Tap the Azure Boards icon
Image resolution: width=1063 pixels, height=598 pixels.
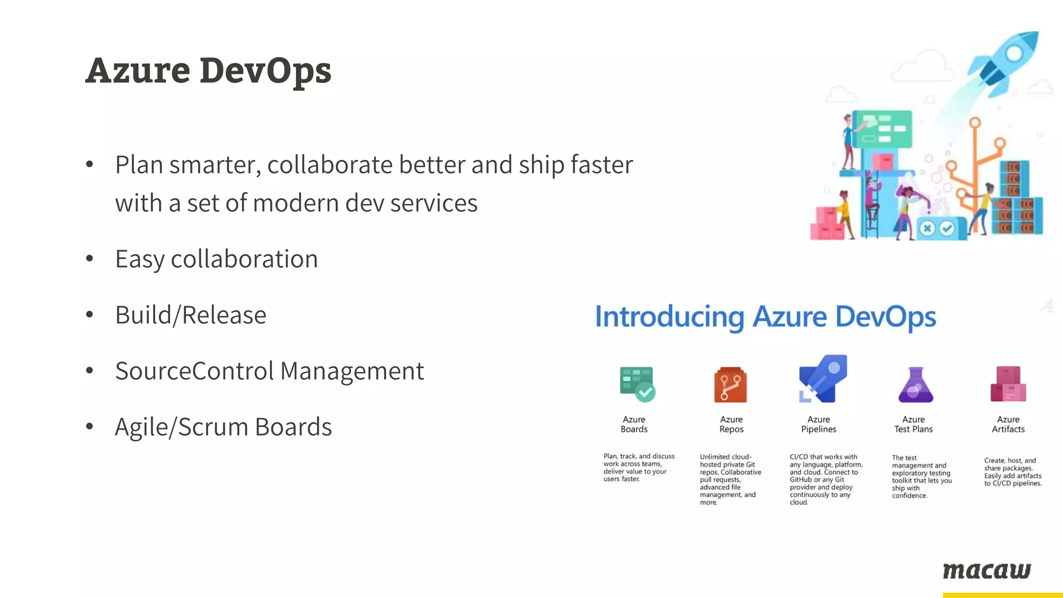[637, 384]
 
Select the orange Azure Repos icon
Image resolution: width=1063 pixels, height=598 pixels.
[730, 385]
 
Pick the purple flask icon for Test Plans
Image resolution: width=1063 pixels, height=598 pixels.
[916, 385]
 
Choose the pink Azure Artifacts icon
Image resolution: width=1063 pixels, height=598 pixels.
[1008, 384]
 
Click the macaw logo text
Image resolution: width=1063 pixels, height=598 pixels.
[987, 570]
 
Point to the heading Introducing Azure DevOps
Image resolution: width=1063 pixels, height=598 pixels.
[765, 317]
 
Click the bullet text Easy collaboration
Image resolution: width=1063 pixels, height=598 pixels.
[216, 259]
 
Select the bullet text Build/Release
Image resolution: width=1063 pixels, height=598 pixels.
[190, 315]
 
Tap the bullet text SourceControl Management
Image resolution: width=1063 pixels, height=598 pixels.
[269, 371]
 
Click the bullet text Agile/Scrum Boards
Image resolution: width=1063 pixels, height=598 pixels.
[223, 427]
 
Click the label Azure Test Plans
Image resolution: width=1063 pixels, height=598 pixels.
[914, 424]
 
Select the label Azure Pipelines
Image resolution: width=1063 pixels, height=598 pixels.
[819, 424]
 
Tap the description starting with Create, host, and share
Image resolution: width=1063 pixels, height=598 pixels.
[1013, 472]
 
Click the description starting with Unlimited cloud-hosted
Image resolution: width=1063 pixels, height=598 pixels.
[730, 479]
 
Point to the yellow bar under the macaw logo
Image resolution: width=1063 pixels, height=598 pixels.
[1002, 595]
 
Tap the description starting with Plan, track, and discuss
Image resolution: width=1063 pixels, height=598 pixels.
[638, 467]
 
